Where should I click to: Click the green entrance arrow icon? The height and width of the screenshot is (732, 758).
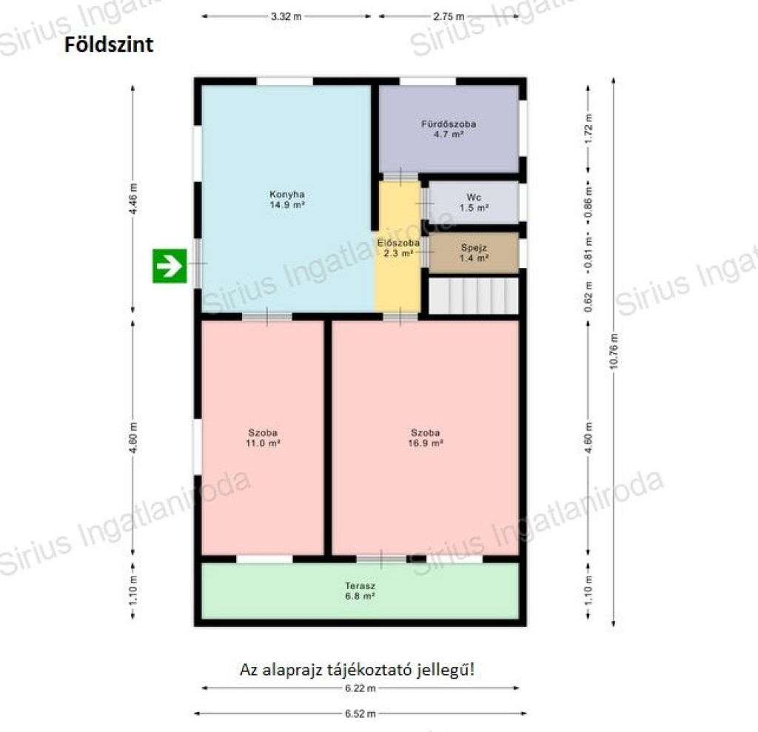click(x=170, y=266)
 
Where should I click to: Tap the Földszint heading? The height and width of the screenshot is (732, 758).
click(x=109, y=44)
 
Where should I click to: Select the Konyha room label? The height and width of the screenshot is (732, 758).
click(x=287, y=199)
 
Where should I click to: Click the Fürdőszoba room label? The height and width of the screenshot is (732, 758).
click(x=449, y=129)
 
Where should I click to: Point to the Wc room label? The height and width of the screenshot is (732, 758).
click(x=474, y=203)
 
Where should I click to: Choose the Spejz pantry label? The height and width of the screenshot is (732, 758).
click(x=474, y=253)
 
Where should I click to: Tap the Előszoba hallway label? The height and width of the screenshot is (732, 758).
click(x=398, y=247)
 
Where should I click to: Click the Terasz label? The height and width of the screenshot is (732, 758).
click(x=360, y=591)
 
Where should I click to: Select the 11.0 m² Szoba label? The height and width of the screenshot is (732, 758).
click(x=263, y=437)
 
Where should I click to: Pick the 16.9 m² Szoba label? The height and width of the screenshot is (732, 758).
click(x=426, y=437)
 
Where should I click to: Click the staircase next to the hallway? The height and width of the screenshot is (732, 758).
click(x=474, y=295)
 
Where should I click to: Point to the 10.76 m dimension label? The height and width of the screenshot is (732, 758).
click(x=614, y=351)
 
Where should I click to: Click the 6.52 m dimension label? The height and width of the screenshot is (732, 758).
click(x=360, y=713)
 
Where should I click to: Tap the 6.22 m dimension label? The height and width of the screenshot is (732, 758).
click(x=360, y=688)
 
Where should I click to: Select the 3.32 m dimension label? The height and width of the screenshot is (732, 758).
click(x=286, y=16)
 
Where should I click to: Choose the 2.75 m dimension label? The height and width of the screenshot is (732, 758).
click(x=449, y=16)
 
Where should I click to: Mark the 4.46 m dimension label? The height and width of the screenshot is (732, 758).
click(x=134, y=198)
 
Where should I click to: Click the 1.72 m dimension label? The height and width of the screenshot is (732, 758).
click(x=588, y=129)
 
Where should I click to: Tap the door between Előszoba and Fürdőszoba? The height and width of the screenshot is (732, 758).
click(x=400, y=176)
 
